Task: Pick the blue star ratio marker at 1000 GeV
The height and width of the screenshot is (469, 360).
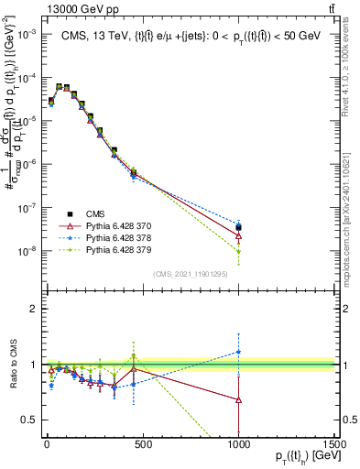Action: point(238,352)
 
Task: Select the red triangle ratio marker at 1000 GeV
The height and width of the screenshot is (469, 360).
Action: point(238,399)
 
